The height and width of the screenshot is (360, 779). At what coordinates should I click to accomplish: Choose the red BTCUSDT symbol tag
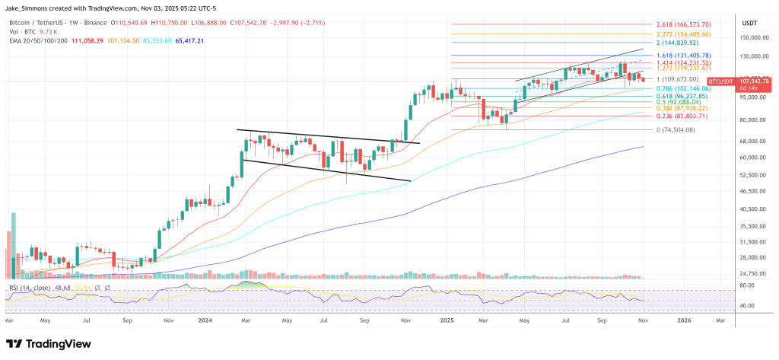(x=720, y=81)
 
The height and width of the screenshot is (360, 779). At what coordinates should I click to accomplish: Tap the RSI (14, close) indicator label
(x=31, y=287)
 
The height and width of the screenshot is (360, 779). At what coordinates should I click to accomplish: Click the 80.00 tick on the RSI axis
(x=747, y=285)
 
